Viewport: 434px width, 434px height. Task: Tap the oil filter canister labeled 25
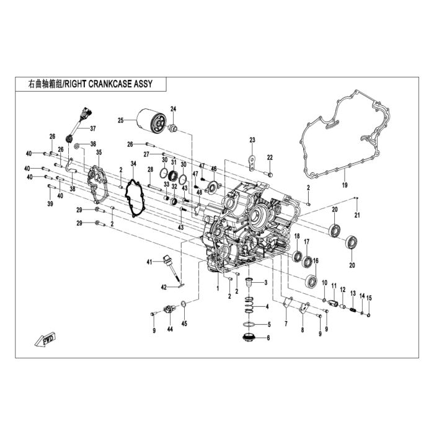tap(153, 122)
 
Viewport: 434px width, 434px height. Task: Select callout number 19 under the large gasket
tap(345, 185)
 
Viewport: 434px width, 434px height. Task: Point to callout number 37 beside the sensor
tap(93, 128)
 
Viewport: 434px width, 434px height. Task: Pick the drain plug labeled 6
tap(248, 338)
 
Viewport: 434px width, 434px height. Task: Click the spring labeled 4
tap(249, 305)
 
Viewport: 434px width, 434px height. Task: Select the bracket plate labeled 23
tap(252, 163)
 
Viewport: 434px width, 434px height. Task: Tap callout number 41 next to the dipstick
tap(149, 262)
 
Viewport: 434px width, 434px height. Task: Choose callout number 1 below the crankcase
tap(218, 288)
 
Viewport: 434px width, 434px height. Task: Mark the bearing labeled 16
tap(311, 281)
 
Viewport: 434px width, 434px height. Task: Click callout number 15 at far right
tap(369, 298)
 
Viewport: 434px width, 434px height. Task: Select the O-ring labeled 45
tap(184, 304)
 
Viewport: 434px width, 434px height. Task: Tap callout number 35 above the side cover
tap(99, 153)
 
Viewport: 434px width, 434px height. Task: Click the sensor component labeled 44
tap(169, 309)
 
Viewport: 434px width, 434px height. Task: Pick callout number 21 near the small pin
tap(357, 215)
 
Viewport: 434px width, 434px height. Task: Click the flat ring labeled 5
tap(249, 324)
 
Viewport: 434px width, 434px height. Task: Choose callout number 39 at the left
tap(50, 204)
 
